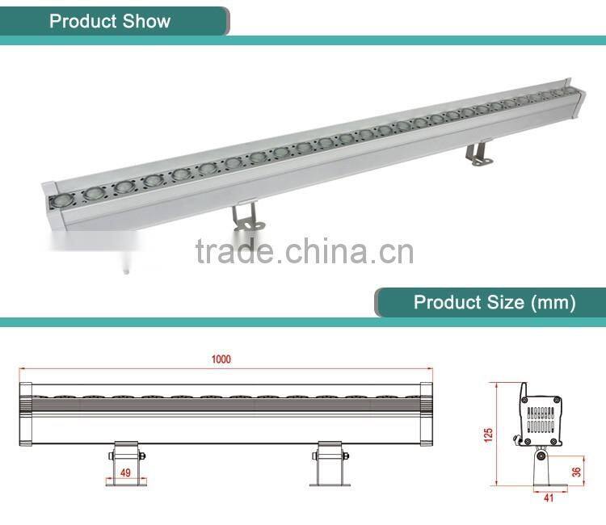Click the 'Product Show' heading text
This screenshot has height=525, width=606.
tap(110, 21)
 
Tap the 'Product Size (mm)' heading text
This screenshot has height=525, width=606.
tap(494, 303)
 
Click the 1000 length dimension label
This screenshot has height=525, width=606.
tap(221, 359)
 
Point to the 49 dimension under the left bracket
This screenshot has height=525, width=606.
tap(124, 472)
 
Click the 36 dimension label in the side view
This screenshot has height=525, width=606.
tap(576, 472)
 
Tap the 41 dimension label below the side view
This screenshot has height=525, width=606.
tap(549, 498)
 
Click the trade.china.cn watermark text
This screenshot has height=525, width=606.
tap(304, 252)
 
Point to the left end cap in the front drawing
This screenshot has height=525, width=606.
tap(25, 413)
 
